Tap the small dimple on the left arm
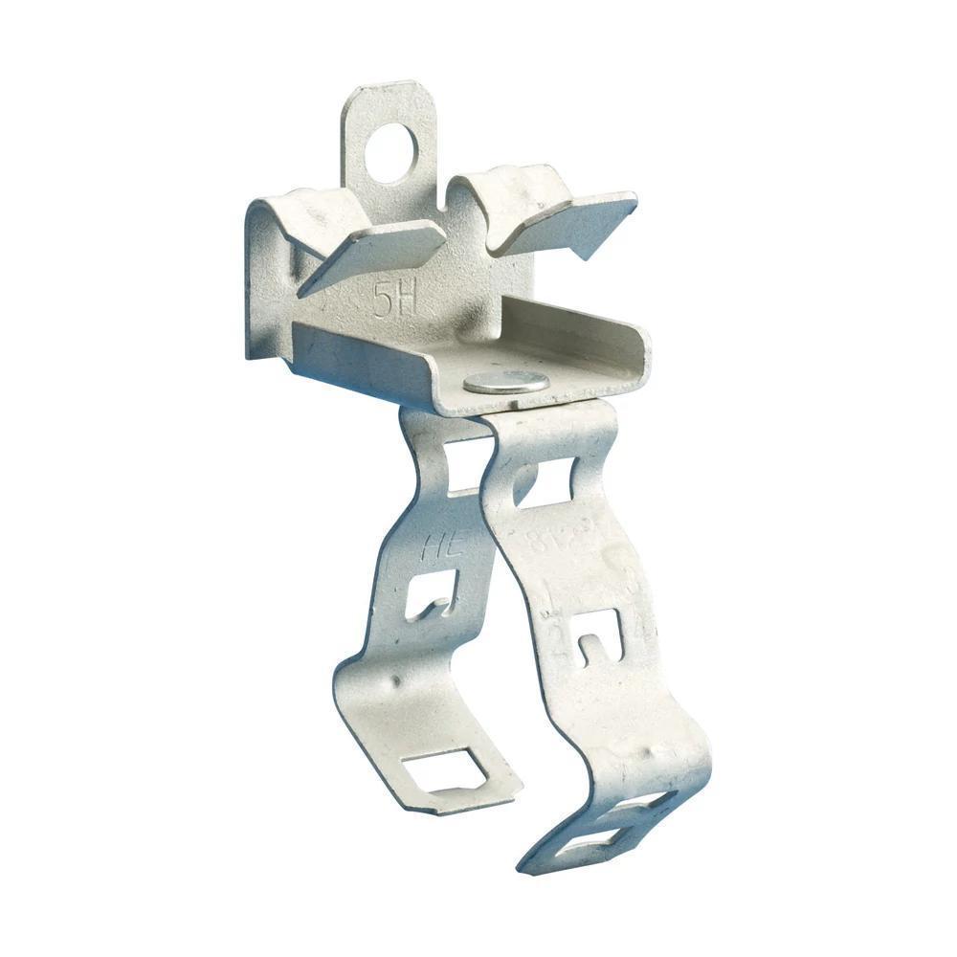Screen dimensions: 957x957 pos(393,682)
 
